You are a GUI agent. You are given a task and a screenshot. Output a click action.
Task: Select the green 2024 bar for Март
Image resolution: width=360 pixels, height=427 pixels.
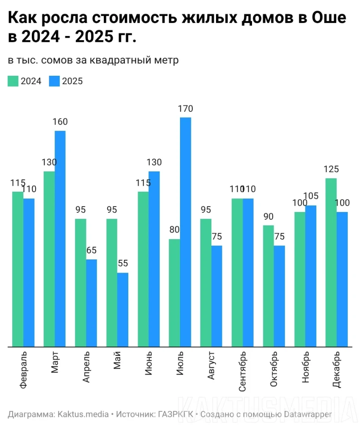tap(49, 259)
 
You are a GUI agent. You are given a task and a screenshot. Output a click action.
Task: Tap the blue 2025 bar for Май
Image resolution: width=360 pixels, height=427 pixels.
tap(123, 310)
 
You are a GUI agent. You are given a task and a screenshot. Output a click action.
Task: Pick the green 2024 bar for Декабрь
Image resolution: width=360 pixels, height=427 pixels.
tap(331, 262)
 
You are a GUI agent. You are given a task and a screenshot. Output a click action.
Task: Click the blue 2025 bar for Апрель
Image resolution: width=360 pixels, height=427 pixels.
tap(91, 303)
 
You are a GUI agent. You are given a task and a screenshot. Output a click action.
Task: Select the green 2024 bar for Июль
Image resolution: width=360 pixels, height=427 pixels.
tap(174, 293)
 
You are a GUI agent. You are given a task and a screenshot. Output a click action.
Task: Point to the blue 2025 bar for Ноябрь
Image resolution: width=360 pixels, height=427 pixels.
tap(311, 276)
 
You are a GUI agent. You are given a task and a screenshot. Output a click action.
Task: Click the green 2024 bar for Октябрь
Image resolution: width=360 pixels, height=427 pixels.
tap(269, 286)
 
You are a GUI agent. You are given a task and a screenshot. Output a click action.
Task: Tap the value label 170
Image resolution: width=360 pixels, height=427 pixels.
tap(186, 109)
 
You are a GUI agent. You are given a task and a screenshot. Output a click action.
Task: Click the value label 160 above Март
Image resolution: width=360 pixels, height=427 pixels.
tap(60, 122)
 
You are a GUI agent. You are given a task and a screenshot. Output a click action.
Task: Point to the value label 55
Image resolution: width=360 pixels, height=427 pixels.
tap(123, 264)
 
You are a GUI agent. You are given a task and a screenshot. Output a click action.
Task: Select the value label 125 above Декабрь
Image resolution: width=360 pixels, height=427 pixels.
tap(331, 169)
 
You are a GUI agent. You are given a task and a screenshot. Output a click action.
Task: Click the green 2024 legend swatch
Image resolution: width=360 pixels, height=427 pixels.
tap(13, 81)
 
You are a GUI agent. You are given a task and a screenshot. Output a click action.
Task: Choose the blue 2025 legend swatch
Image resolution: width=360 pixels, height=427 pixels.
tap(55, 81)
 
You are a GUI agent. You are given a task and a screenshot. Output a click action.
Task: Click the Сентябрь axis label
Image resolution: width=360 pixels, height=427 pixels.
tap(243, 371)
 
